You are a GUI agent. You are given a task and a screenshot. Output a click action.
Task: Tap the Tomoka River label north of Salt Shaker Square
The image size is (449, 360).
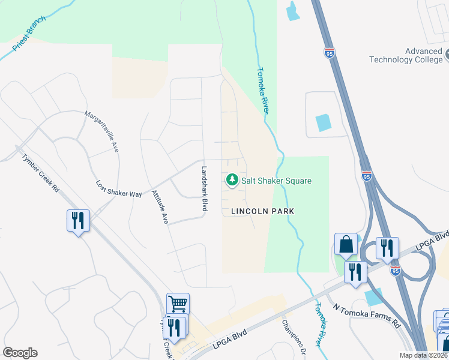[x=262, y=89]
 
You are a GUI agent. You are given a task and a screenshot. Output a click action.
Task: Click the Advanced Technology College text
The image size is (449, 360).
[x=405, y=55]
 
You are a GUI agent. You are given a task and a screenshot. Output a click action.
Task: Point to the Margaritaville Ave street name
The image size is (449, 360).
[x=102, y=131]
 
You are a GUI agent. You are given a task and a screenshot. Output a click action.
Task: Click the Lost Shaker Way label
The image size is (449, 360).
[x=119, y=189]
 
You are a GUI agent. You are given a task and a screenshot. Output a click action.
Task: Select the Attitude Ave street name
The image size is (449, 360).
[x=158, y=208]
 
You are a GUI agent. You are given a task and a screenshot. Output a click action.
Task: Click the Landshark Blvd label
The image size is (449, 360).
[x=204, y=188]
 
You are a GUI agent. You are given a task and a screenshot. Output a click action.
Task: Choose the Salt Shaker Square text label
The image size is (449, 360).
[x=277, y=181]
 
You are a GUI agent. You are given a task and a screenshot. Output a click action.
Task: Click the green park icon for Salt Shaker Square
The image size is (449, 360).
[x=231, y=180]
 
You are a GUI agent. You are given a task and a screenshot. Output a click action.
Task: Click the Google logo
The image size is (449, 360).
[x=20, y=353]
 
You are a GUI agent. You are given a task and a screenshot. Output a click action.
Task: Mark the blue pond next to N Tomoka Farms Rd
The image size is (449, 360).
[x=373, y=296]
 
